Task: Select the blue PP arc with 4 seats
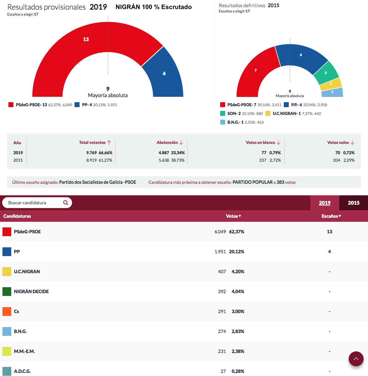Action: click(164, 75)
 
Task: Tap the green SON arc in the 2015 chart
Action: click(326, 73)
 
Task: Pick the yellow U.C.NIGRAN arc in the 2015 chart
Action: click(331, 84)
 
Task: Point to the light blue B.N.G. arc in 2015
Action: click(332, 92)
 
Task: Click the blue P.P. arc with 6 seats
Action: click(301, 55)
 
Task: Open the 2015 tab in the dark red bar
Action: click(353, 203)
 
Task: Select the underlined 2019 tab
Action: click(325, 203)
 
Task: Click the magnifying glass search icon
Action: click(65, 202)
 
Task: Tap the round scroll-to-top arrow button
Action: click(356, 359)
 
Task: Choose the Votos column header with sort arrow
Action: click(233, 216)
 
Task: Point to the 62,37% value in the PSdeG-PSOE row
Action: click(237, 232)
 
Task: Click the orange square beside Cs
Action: click(7, 312)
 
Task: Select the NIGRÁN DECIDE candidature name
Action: click(31, 292)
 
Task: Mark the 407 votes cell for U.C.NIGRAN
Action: click(222, 272)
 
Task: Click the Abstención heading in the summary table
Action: click(167, 142)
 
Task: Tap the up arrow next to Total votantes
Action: click(109, 142)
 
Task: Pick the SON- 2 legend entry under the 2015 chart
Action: click(234, 114)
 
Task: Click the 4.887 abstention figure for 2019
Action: click(164, 153)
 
